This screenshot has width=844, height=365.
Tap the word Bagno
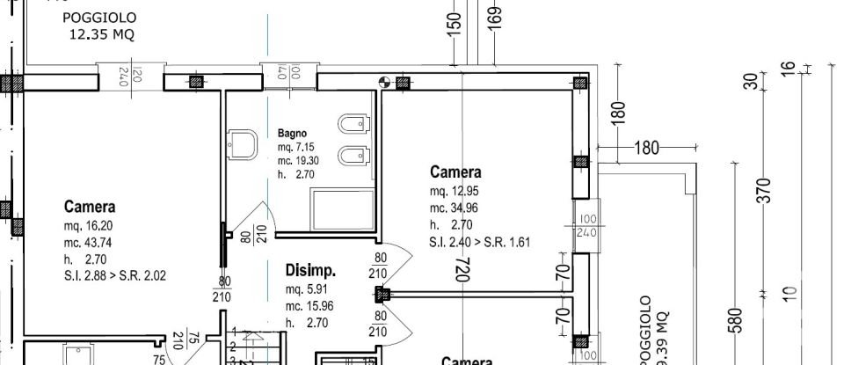pyautogui.click(x=292, y=133)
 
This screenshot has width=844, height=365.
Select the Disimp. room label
pyautogui.click(x=311, y=271)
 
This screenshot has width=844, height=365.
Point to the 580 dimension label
pyautogui.click(x=736, y=323)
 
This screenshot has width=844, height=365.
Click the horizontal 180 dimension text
pyautogui.click(x=647, y=148)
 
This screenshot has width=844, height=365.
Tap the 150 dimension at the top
pyautogui.click(x=455, y=24)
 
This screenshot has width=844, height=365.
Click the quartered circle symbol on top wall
pyautogui.click(x=384, y=83)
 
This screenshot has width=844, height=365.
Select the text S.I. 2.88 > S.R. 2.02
pyautogui.click(x=115, y=275)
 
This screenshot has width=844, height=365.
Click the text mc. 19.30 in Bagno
pyautogui.click(x=297, y=161)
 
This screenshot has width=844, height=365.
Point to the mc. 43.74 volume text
pyautogui.click(x=91, y=242)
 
